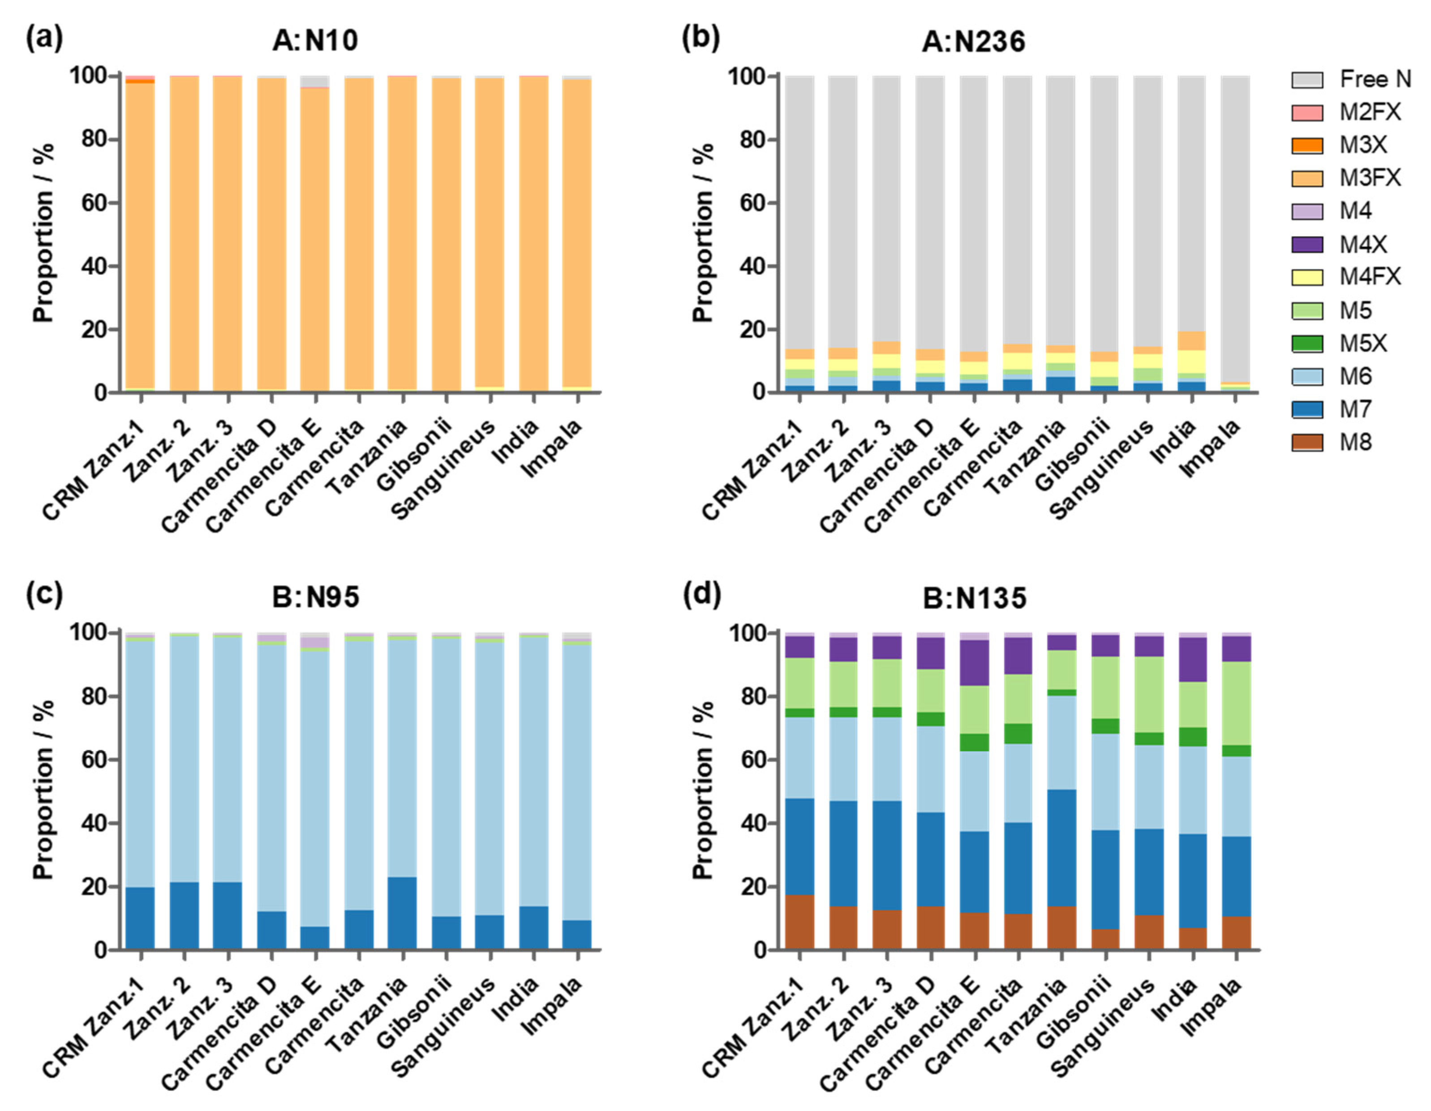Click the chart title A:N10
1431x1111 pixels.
coord(315,41)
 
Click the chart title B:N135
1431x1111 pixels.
coord(974,598)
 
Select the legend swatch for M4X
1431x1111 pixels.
coord(1306,245)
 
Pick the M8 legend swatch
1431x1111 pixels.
coord(1306,442)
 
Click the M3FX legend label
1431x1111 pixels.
coord(1369,177)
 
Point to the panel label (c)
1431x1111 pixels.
coord(44,594)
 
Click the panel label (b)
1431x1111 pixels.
coord(700,38)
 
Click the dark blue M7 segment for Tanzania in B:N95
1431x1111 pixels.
coord(402,912)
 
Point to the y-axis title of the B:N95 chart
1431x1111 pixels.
coord(43,790)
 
